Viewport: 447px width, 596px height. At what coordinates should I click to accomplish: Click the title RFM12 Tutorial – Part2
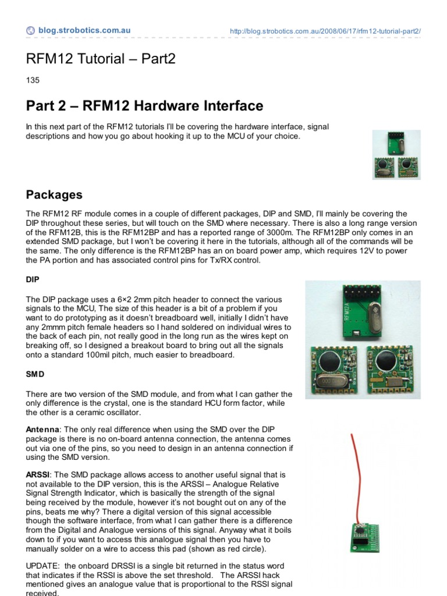(x=101, y=59)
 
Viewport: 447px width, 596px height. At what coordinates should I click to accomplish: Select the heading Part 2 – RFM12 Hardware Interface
(x=144, y=106)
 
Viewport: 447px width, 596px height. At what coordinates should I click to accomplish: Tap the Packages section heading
(x=54, y=194)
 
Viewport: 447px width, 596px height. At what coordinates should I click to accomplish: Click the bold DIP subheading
(x=33, y=279)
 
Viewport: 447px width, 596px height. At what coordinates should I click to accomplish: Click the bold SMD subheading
(x=34, y=373)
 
